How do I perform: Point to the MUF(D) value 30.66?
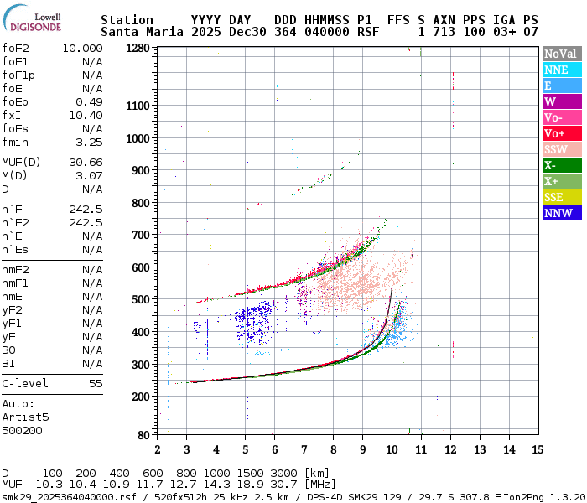[x=86, y=162]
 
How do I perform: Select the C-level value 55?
[x=96, y=383]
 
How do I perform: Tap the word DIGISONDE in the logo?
[x=36, y=27]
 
